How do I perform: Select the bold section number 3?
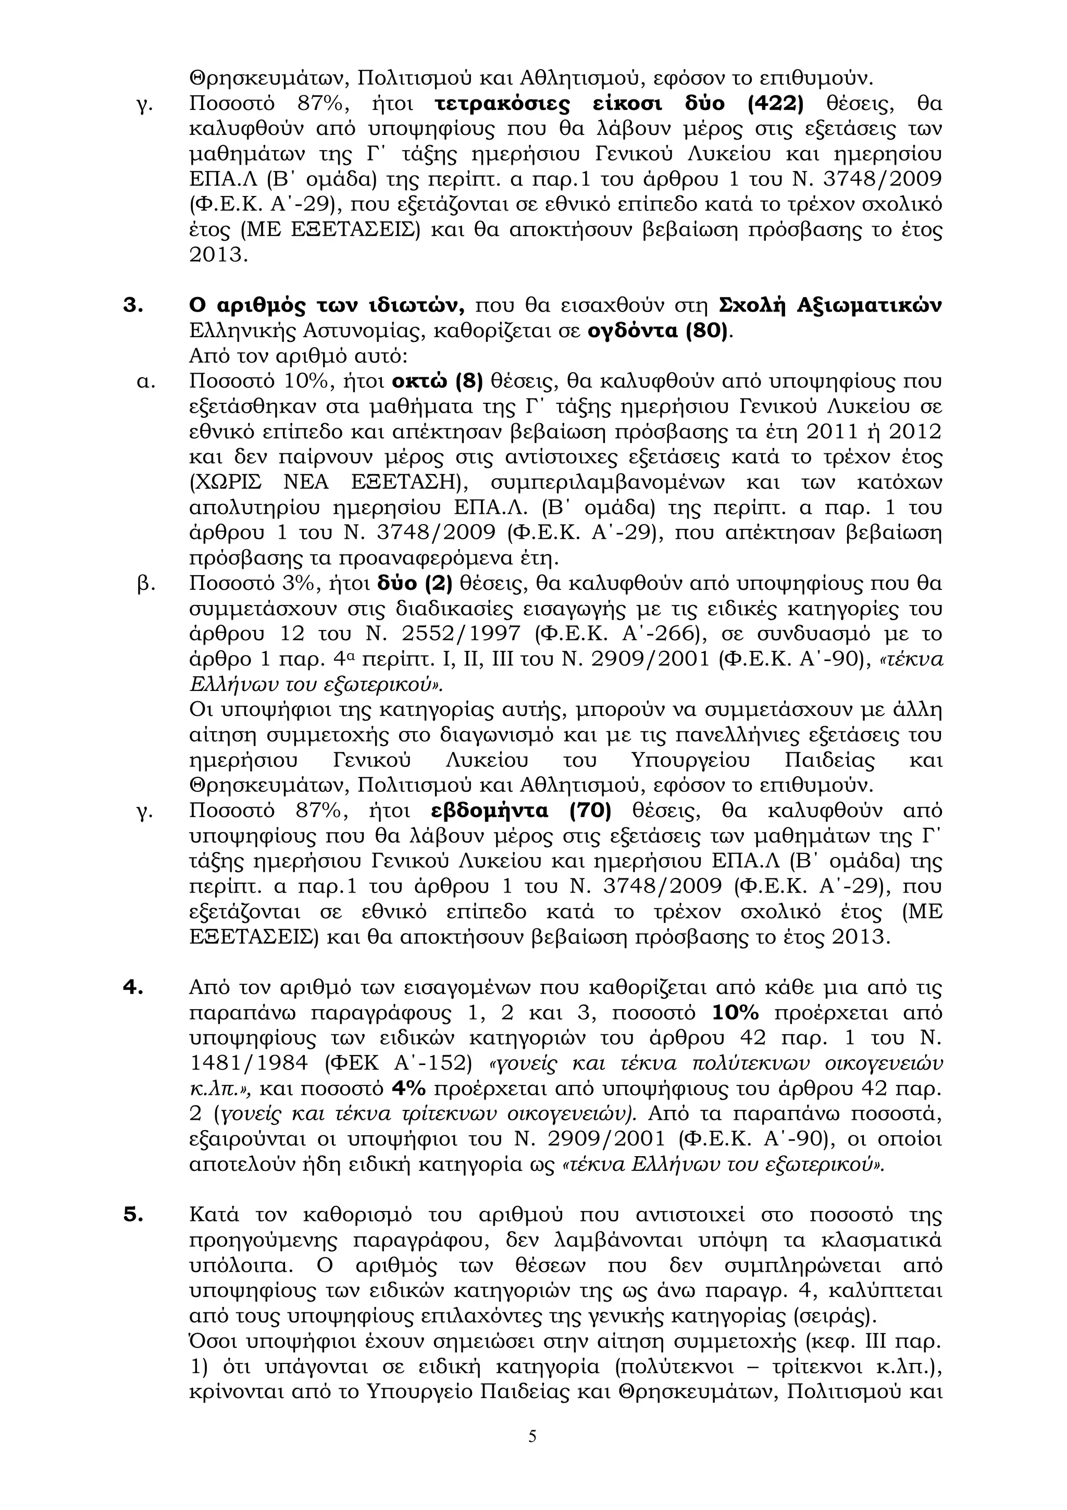tap(133, 306)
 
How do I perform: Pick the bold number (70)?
tap(590, 811)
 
